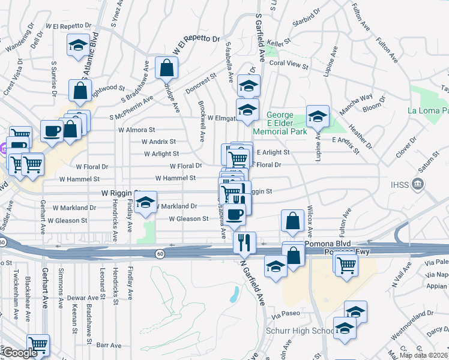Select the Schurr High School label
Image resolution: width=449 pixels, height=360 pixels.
tap(300, 331)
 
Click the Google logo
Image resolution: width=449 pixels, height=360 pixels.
tap(19, 353)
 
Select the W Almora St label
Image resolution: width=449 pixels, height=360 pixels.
tap(136, 130)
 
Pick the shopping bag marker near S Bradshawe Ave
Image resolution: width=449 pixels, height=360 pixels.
tap(166, 67)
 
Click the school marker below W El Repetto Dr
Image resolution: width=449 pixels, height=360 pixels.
tap(77, 46)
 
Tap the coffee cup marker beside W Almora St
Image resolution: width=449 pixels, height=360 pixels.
tap(52, 131)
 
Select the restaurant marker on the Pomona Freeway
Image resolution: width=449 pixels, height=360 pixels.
tap(244, 242)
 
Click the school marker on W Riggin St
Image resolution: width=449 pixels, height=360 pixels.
tap(145, 202)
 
